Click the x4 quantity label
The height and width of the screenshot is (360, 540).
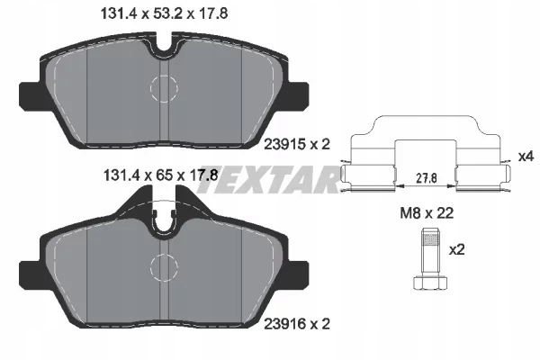(526, 157)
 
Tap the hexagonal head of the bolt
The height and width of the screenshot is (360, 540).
(430, 283)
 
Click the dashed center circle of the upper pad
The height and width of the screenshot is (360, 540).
(163, 86)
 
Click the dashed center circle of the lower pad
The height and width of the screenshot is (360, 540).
(163, 268)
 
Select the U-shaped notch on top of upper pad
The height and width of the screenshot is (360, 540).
(163, 42)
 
